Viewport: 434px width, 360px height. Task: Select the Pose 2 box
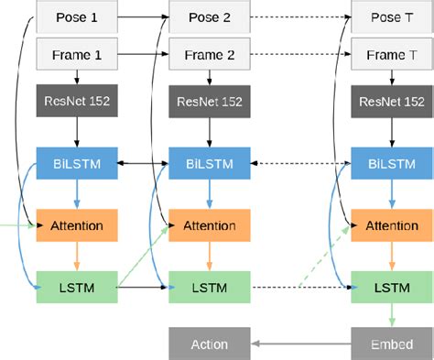[210, 16]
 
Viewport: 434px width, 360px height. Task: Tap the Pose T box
[391, 16]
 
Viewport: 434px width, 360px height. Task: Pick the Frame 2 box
[210, 54]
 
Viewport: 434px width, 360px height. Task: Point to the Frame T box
[391, 54]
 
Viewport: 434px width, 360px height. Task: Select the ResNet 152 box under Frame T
[391, 102]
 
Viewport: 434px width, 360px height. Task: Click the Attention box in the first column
[77, 225]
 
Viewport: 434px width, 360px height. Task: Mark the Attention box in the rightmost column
[391, 225]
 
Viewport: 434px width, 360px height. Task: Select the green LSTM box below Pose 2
[210, 288]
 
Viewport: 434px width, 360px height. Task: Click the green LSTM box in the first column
[77, 288]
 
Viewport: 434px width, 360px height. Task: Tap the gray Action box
[210, 344]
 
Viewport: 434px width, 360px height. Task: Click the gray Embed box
[391, 344]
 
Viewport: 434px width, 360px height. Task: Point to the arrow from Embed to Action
[301, 344]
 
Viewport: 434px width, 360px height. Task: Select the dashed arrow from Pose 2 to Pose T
[301, 16]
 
